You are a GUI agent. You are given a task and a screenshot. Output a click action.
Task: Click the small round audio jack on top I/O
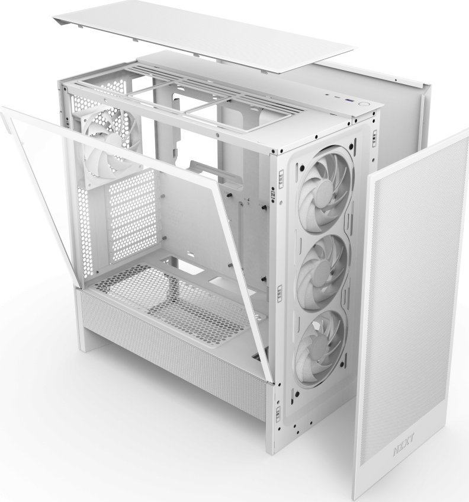[x=326, y=94]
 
